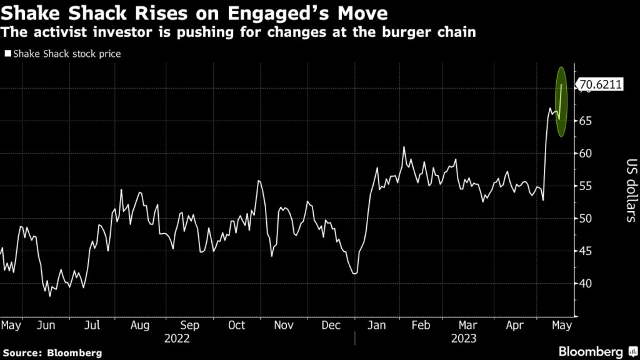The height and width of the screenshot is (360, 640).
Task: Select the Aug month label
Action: coord(140,326)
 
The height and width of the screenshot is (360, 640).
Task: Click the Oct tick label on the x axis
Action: coord(237,326)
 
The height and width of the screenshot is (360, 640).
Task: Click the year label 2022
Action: coord(176,339)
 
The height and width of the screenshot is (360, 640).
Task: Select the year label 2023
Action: coord(464,339)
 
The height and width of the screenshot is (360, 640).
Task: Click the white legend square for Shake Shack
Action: coord(7,54)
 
